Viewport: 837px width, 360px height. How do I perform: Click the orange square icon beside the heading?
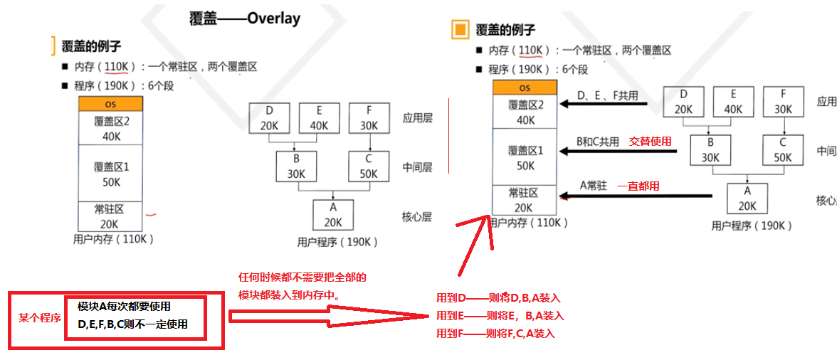460,29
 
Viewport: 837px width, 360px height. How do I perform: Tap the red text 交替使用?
650,142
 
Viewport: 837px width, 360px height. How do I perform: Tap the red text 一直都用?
638,186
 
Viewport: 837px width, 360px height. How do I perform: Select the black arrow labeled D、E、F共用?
604,105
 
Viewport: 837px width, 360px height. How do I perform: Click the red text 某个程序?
39,318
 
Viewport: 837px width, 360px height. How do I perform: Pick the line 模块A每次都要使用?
124,307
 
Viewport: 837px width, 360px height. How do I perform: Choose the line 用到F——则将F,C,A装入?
495,333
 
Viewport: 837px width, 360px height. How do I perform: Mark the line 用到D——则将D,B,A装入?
499,298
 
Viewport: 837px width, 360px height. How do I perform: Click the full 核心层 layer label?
417,216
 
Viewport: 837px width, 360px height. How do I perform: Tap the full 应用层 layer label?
417,118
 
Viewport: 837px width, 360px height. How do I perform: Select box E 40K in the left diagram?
319,117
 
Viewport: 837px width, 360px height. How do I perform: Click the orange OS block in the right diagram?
525,88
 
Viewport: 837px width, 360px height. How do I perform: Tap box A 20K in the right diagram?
747,198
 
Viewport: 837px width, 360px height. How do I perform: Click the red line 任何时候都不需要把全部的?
303,277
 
